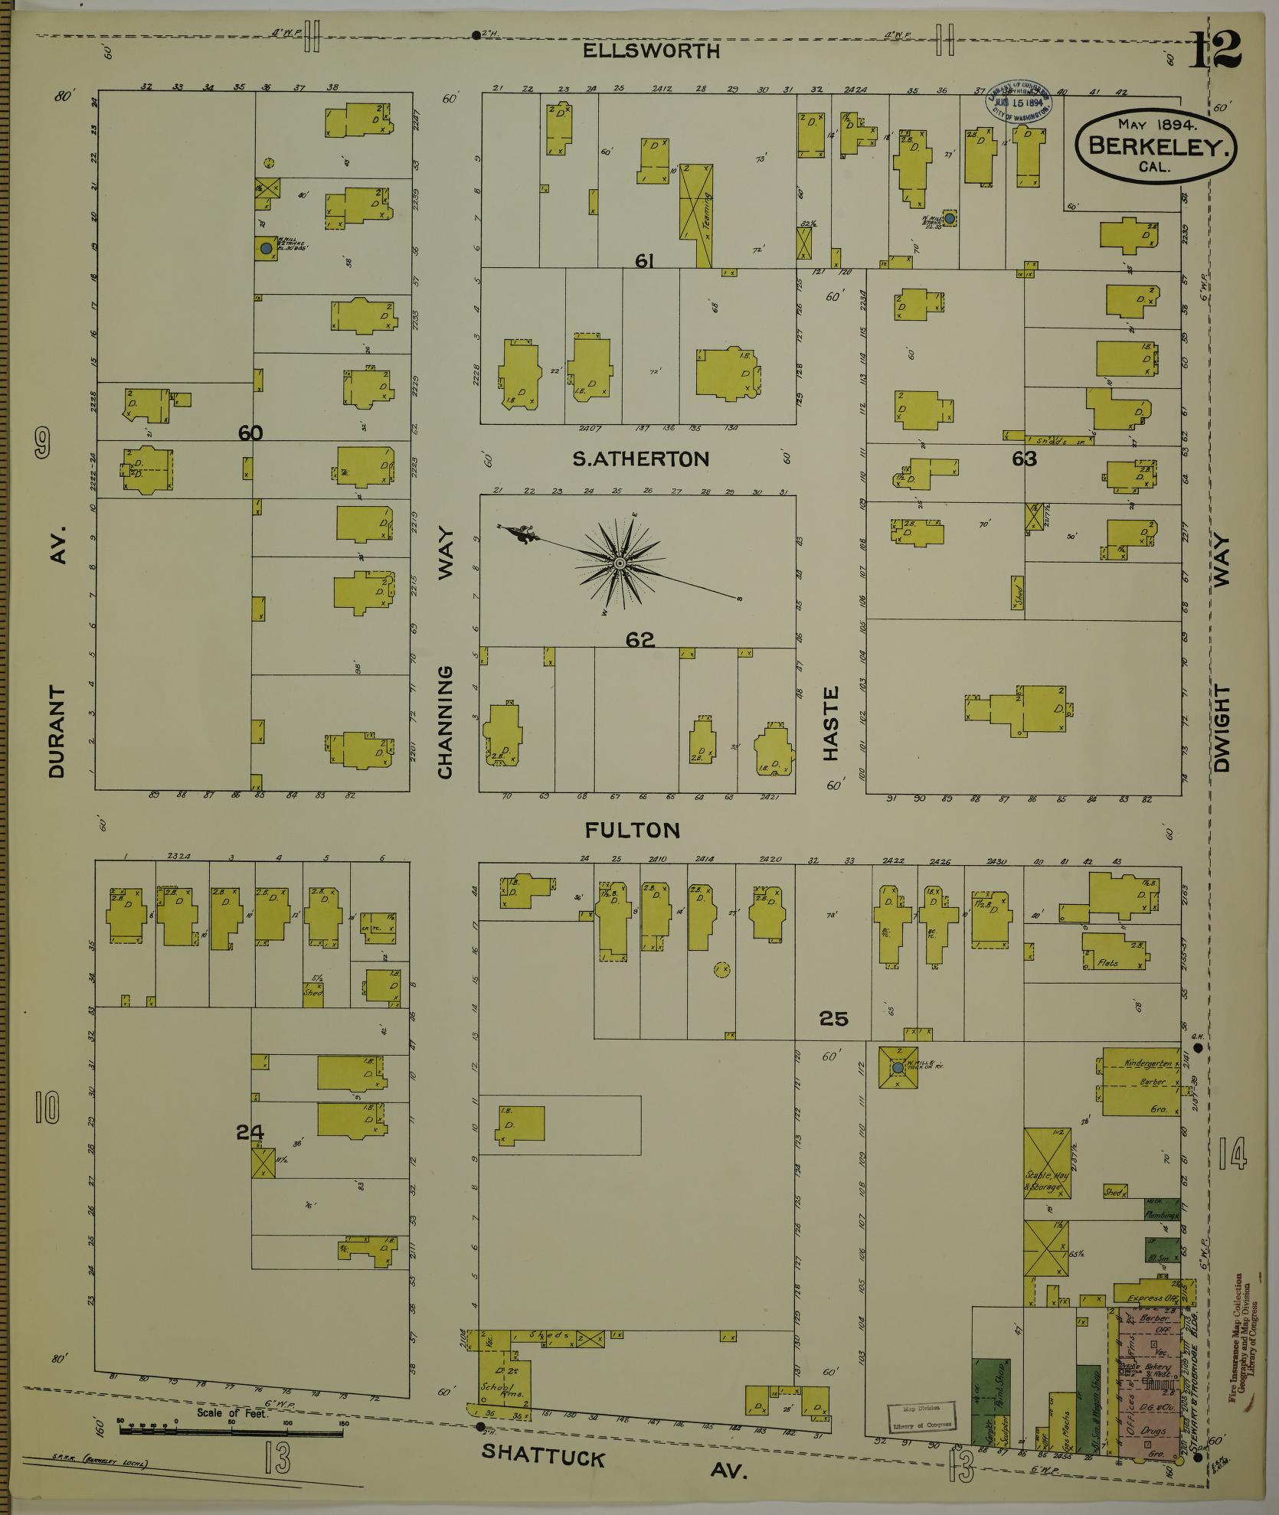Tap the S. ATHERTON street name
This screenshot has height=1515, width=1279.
(641, 459)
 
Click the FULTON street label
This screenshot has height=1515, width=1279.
(632, 830)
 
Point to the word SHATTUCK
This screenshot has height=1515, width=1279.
(543, 1455)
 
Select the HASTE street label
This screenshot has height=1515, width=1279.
(831, 723)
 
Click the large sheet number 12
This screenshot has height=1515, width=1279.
(1215, 51)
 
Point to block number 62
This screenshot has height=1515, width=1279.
(639, 640)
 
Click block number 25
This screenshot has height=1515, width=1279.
(833, 1019)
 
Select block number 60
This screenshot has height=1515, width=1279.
(250, 433)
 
